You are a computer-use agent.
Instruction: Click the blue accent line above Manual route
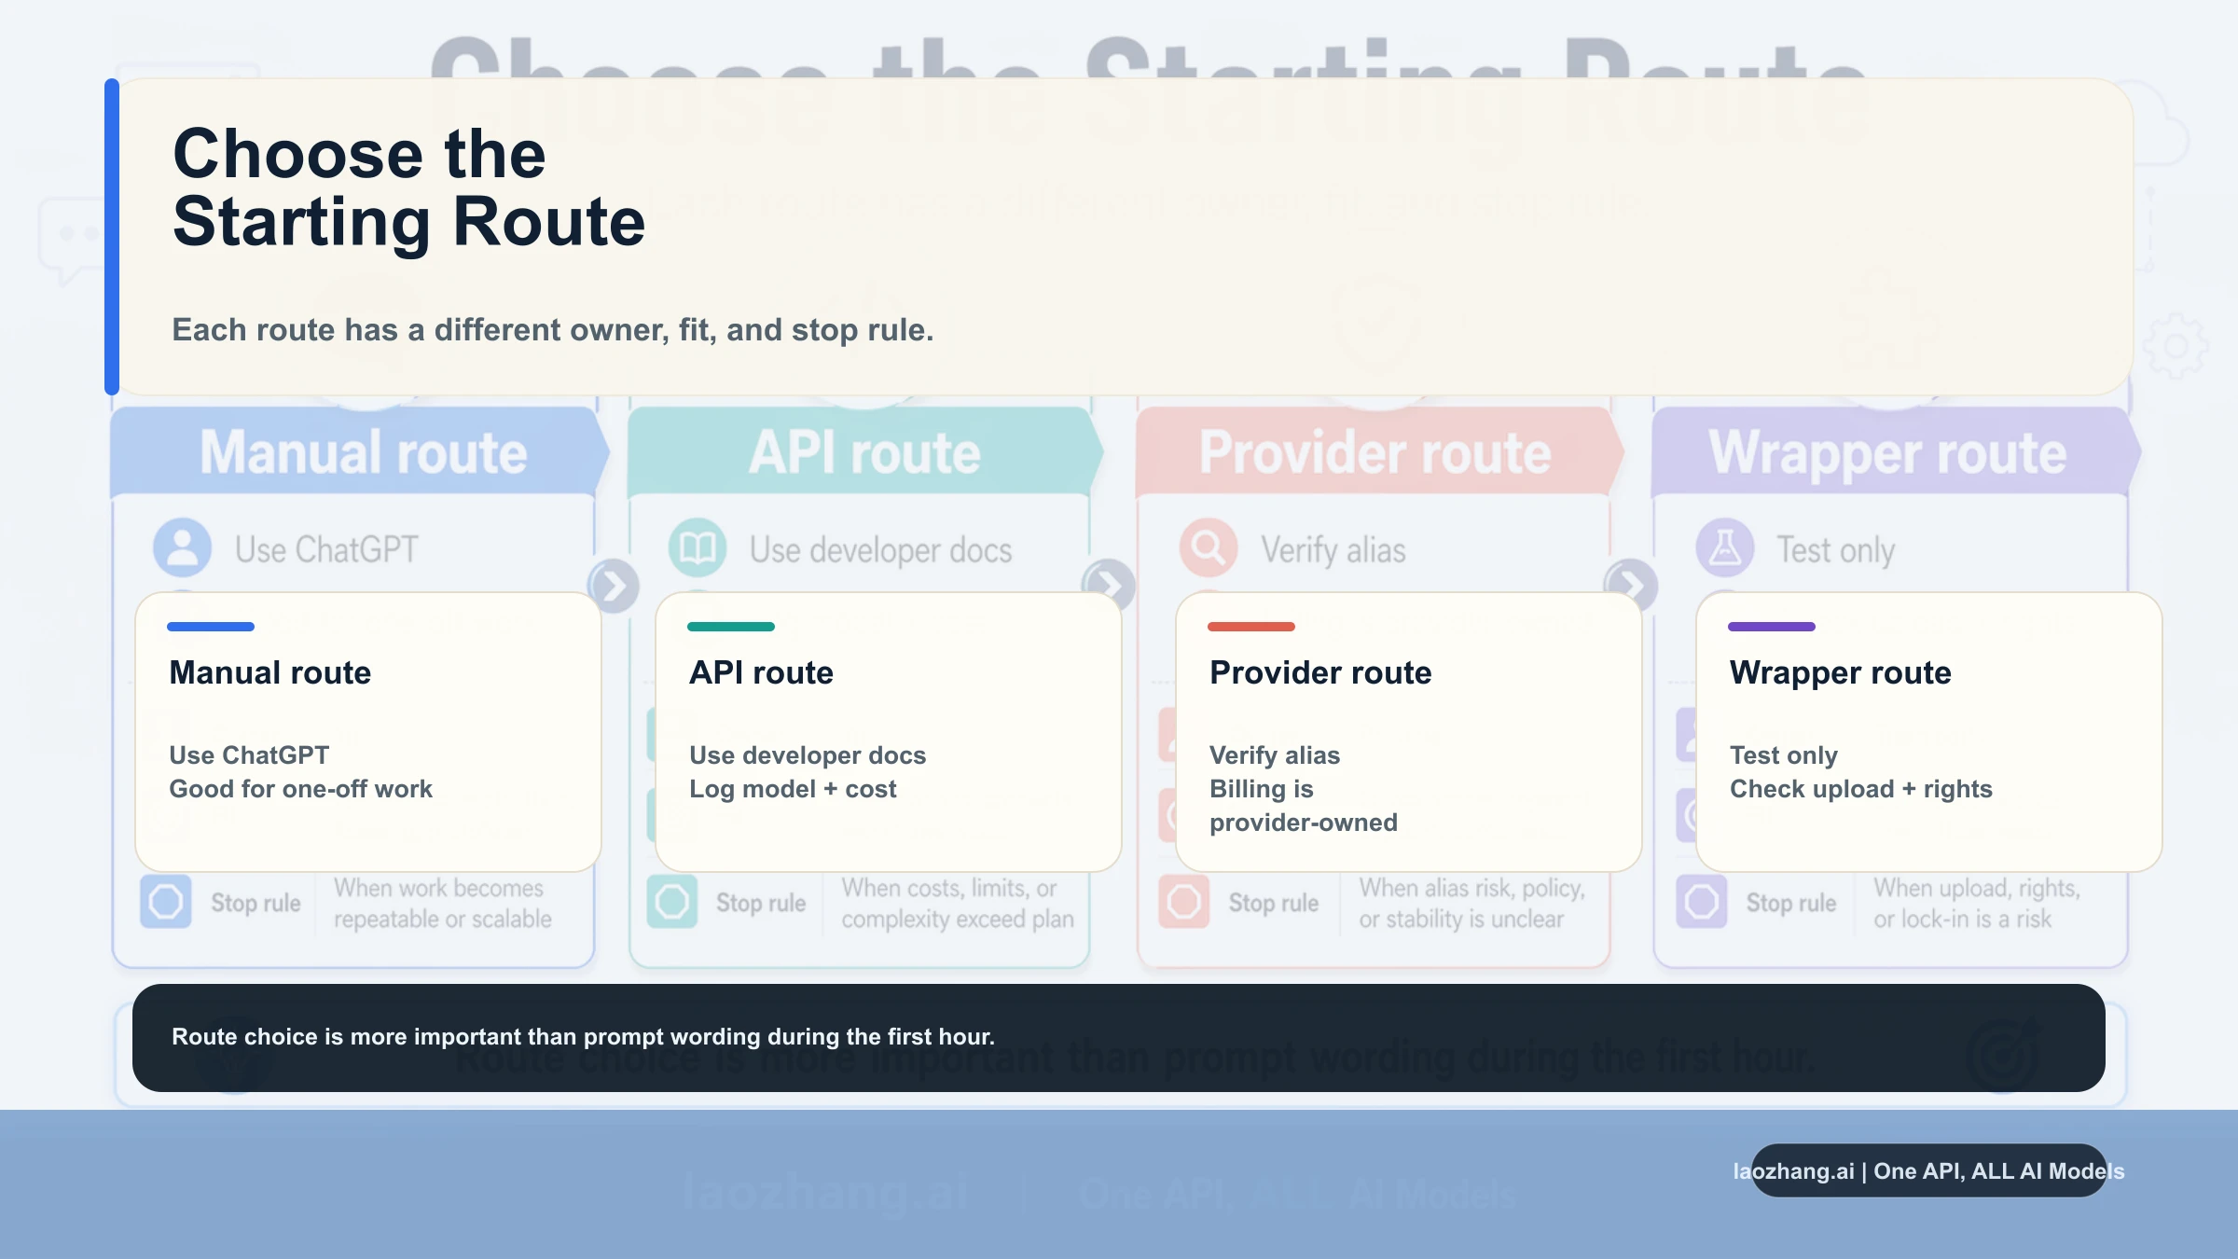(211, 627)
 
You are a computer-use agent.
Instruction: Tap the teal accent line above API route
(731, 627)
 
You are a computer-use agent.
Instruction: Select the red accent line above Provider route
(1251, 627)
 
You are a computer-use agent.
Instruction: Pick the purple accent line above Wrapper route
(1772, 627)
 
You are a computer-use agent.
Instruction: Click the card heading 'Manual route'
(270, 672)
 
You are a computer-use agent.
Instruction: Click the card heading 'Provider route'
(1320, 672)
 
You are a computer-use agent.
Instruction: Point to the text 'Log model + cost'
(793, 789)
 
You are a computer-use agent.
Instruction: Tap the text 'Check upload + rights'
(1861, 789)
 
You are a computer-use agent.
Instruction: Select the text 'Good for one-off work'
(300, 789)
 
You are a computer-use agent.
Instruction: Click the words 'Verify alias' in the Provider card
(1275, 755)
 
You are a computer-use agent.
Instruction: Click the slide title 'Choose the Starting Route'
(408, 187)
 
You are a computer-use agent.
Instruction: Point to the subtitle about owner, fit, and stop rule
(553, 330)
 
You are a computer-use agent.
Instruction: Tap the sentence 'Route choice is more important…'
(583, 1037)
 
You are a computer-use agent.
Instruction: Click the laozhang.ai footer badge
(1928, 1171)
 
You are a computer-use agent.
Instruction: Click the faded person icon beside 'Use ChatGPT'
(182, 547)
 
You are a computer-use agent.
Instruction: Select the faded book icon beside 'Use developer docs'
(698, 547)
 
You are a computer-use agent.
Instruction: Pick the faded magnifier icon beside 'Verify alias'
(1209, 547)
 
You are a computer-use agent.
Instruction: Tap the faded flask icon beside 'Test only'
(1725, 547)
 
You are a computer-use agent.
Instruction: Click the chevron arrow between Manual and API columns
(614, 586)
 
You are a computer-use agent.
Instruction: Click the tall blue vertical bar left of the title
(112, 237)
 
